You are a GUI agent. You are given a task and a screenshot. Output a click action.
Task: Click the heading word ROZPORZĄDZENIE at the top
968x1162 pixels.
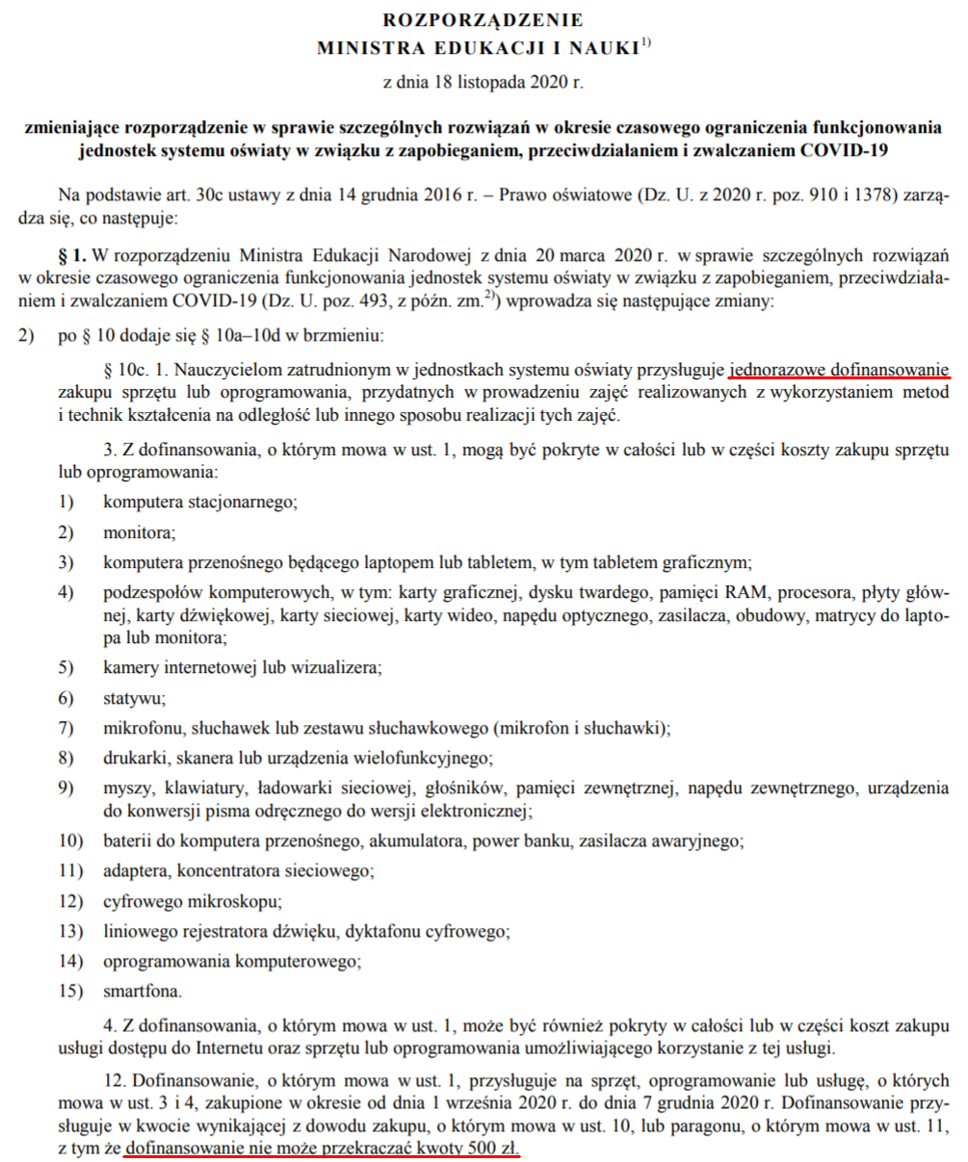(x=484, y=19)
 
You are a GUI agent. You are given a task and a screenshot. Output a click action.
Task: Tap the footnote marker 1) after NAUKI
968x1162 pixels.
(x=646, y=41)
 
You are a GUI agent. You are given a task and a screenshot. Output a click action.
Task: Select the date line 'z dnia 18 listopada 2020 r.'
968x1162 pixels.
(x=484, y=83)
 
